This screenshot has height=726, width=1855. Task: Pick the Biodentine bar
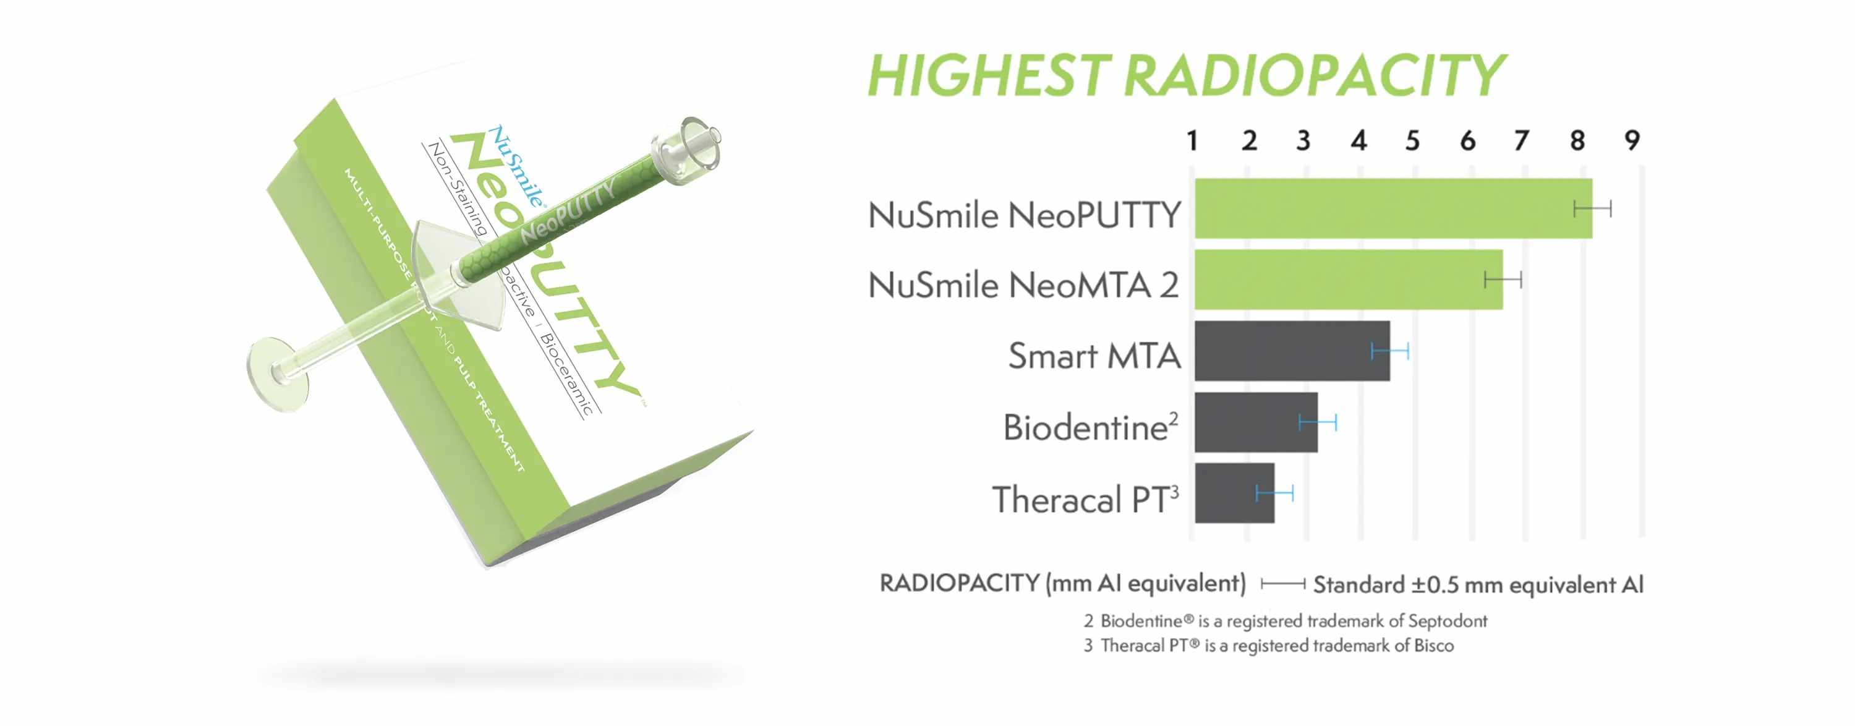[x=1255, y=422]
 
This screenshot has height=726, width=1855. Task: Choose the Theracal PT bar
[x=1233, y=493]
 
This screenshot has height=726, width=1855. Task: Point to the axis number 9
[x=1632, y=140]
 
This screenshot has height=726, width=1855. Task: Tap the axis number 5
[x=1412, y=140]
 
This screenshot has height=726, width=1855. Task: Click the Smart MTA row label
[x=1094, y=355]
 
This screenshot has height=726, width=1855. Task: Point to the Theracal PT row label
[x=1085, y=499]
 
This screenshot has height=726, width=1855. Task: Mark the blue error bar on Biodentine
[x=1318, y=422]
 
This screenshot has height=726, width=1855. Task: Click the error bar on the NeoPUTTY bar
[x=1592, y=209]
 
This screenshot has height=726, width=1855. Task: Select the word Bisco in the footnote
[x=1434, y=646]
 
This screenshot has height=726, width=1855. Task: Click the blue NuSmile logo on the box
[x=516, y=166]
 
